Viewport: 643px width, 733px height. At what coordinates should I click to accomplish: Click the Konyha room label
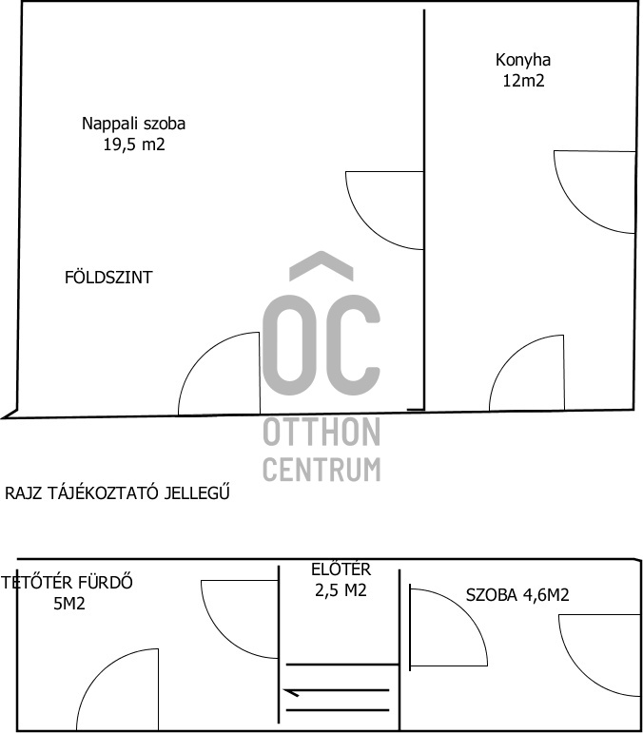click(523, 61)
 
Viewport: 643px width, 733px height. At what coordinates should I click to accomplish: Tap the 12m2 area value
click(524, 81)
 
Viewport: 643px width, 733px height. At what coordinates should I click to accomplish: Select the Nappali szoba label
click(134, 124)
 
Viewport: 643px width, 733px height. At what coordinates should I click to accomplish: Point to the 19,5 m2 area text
click(134, 145)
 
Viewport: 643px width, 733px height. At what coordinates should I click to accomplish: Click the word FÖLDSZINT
click(108, 278)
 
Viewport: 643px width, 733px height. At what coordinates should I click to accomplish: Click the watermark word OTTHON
click(321, 433)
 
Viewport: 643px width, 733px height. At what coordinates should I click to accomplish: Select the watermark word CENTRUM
click(321, 469)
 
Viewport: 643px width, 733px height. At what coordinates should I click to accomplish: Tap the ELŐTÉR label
click(341, 569)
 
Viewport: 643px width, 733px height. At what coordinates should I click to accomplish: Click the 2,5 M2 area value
click(341, 590)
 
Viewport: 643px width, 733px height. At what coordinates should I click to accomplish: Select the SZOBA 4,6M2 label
click(517, 595)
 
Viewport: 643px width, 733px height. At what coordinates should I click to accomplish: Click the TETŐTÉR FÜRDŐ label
click(67, 583)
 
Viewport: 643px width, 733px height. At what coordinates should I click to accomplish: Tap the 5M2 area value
click(69, 604)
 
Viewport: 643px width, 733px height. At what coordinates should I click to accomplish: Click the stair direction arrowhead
click(290, 692)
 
